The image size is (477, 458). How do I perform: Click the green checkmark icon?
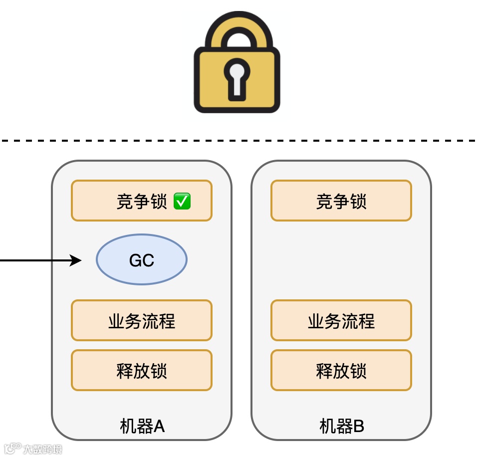pyautogui.click(x=182, y=201)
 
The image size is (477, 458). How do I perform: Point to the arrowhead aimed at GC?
pyautogui.click(x=76, y=260)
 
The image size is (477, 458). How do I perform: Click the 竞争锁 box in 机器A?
pyautogui.click(x=142, y=201)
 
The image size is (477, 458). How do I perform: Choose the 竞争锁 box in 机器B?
pyautogui.click(x=341, y=201)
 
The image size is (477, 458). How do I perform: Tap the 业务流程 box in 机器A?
pyautogui.click(x=142, y=320)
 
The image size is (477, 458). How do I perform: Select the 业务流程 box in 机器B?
pyautogui.click(x=341, y=320)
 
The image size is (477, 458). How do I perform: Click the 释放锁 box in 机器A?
pyautogui.click(x=142, y=370)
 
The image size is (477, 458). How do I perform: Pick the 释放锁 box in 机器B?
pyautogui.click(x=341, y=370)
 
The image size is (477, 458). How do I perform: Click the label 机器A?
pyautogui.click(x=142, y=426)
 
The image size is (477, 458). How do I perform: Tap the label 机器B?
pyautogui.click(x=342, y=426)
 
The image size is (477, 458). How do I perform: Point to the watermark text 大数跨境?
pyautogui.click(x=42, y=449)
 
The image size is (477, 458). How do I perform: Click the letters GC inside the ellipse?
pyautogui.click(x=142, y=260)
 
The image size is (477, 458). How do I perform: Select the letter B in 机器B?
pyautogui.click(x=358, y=427)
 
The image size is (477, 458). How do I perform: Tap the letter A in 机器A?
pyautogui.click(x=159, y=427)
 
